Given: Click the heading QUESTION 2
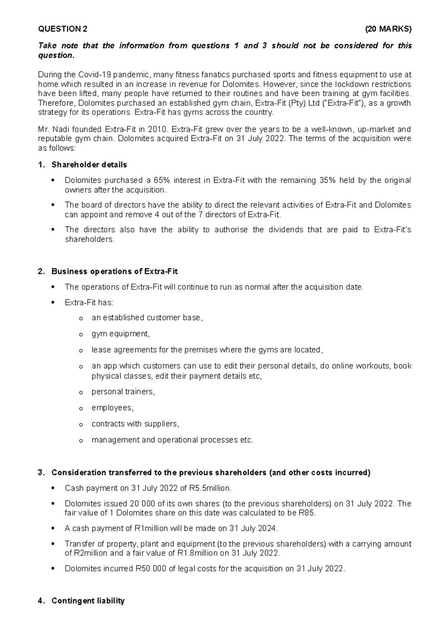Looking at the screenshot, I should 63,29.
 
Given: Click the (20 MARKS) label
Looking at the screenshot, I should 388,29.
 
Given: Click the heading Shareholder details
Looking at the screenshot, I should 89,165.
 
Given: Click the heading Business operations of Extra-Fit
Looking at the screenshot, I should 114,272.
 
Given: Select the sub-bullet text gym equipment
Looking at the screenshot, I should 120,334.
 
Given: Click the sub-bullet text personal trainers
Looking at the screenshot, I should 123,392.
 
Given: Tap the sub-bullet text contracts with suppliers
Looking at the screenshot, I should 135,424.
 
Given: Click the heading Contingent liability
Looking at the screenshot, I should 88,601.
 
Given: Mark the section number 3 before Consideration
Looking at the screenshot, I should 40,473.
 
